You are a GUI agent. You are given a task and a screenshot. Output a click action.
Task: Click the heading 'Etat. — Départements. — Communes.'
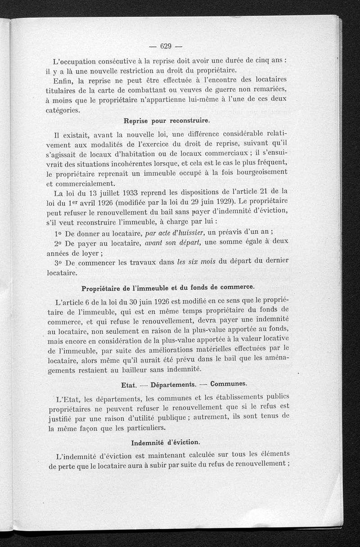tap(184, 385)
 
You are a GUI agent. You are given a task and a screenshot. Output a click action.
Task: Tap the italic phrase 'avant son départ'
tap(173, 243)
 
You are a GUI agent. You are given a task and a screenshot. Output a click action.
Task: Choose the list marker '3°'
tap(58, 263)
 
